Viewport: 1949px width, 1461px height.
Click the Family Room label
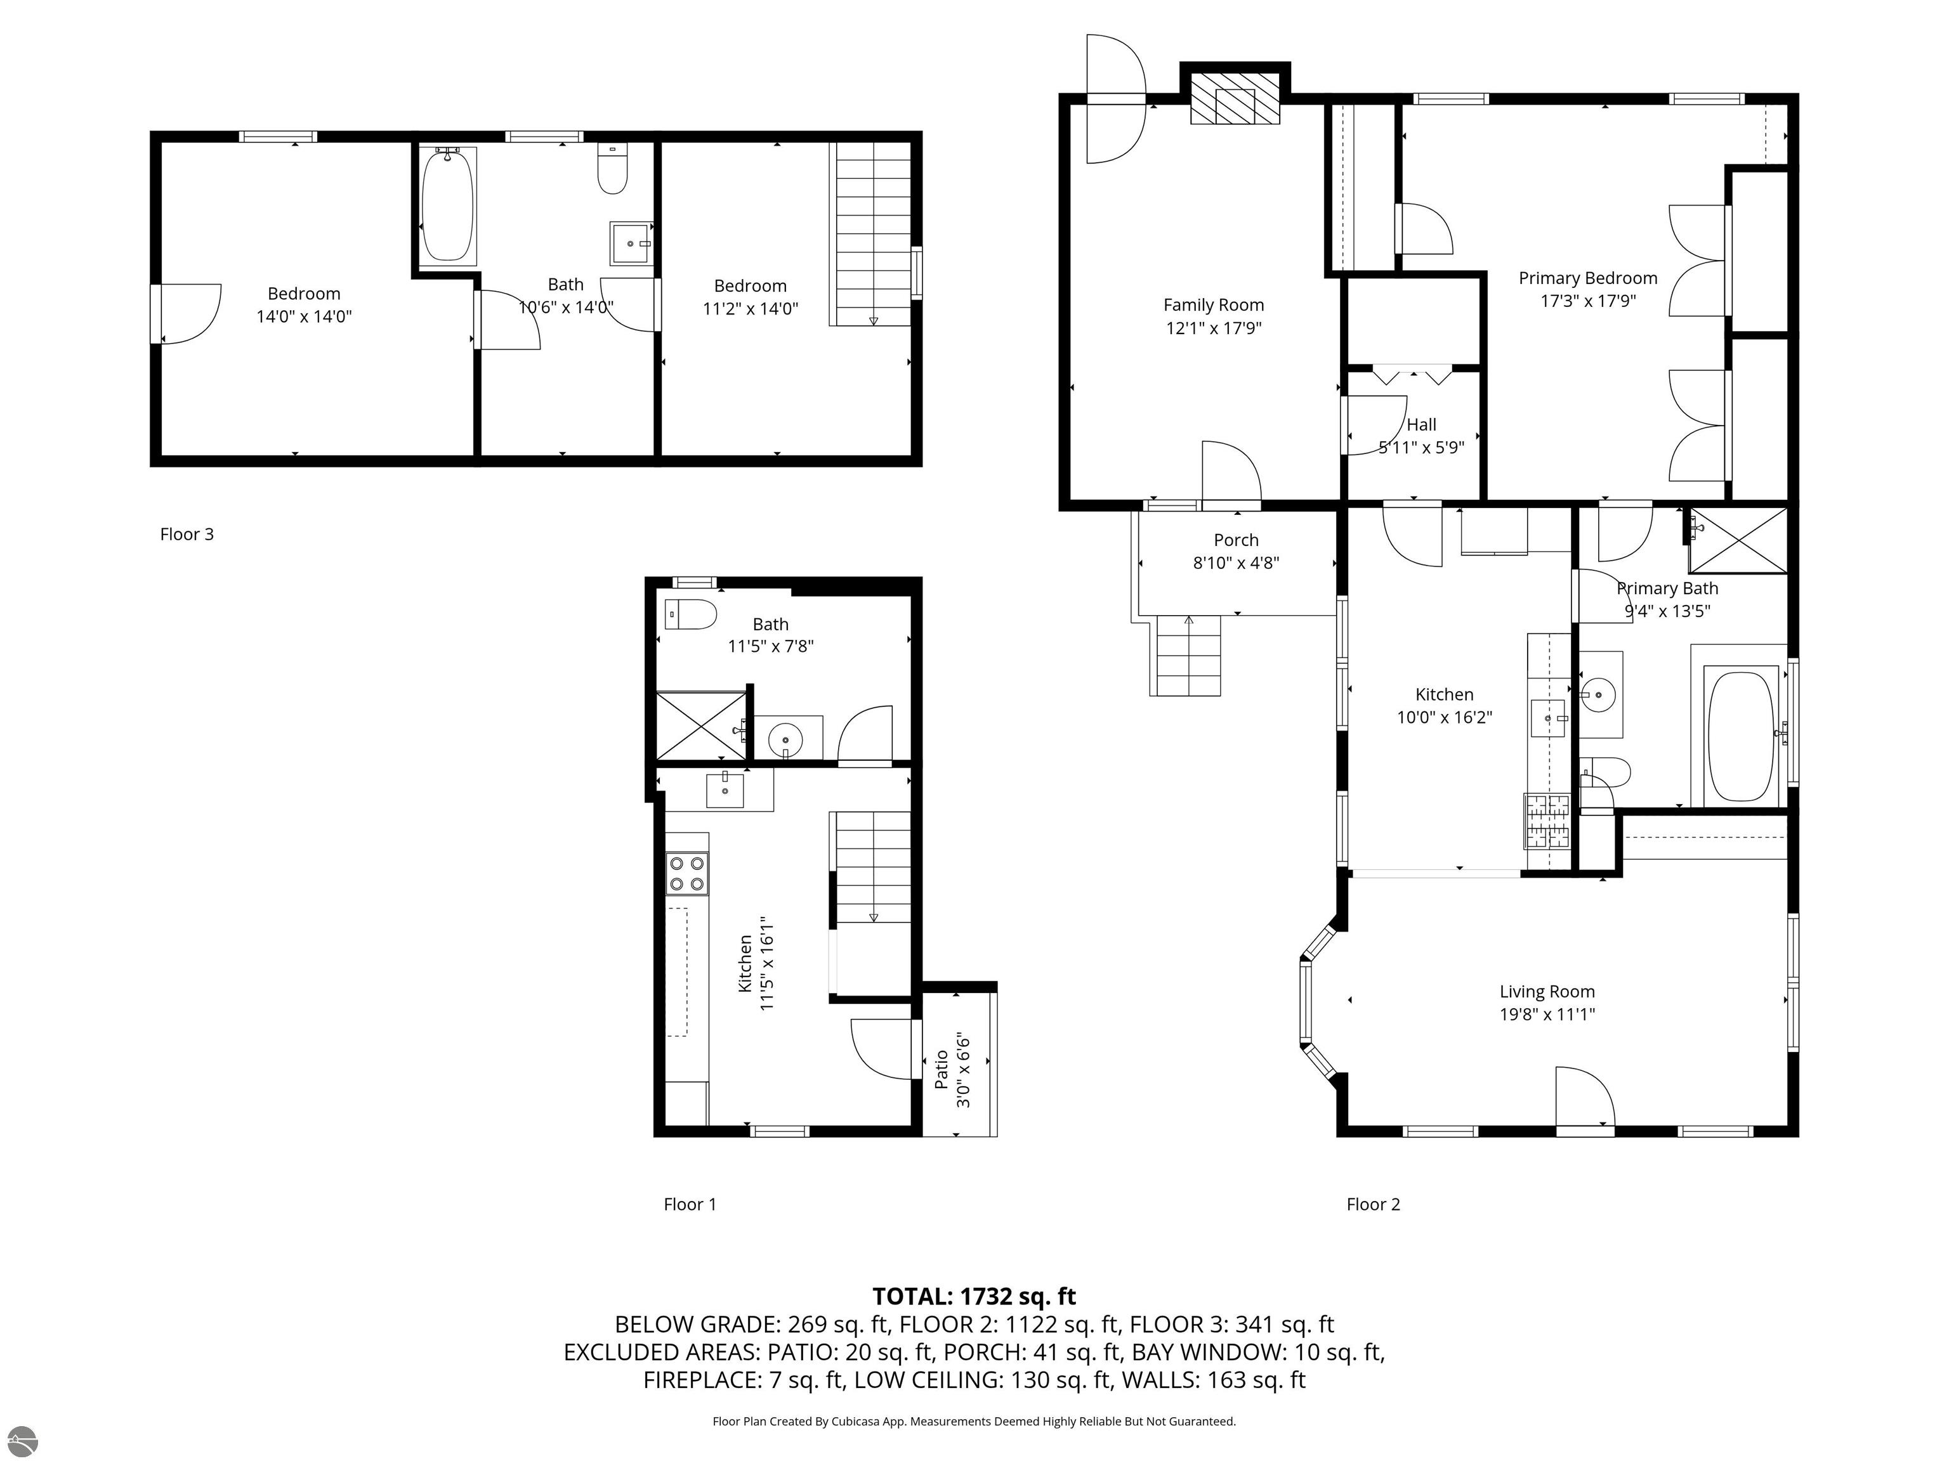1213,306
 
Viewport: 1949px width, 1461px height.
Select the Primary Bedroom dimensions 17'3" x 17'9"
1588,301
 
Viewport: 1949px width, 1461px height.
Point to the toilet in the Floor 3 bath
612,169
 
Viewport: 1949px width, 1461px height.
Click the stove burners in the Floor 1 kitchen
687,874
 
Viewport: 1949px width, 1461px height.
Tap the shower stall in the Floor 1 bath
700,725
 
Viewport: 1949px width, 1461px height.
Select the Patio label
941,1068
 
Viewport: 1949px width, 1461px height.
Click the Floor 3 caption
187,535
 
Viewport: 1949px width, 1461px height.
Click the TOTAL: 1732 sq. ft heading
974,1296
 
